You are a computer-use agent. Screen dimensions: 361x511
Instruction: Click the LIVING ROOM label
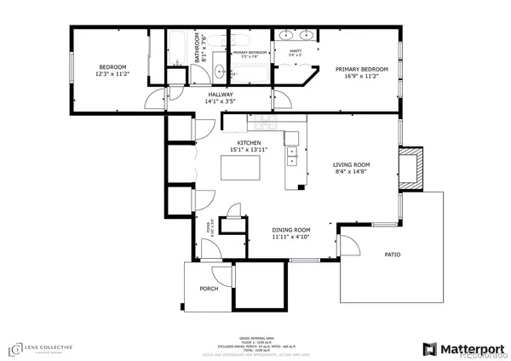coord(350,165)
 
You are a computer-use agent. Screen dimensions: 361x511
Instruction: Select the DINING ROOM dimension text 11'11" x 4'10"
coord(290,238)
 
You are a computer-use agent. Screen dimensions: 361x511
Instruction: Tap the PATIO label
coord(393,254)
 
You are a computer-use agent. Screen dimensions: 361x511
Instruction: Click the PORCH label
coord(209,289)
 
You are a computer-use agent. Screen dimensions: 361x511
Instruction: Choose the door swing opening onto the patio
coord(349,239)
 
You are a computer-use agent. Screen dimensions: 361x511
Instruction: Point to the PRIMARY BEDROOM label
coord(361,69)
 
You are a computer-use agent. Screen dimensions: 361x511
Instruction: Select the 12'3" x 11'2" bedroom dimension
coord(112,74)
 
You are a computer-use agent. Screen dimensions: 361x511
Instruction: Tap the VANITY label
coord(296,51)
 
